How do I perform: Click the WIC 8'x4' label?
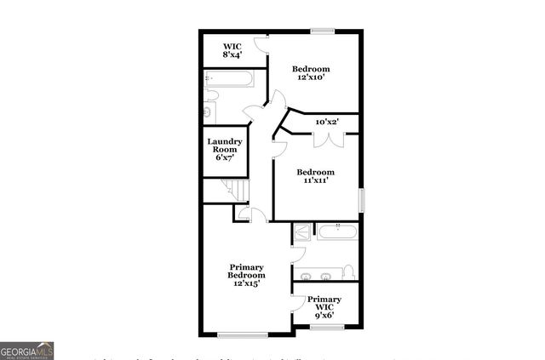[x=232, y=50]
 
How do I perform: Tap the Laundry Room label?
[x=224, y=150]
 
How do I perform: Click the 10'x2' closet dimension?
[x=327, y=122]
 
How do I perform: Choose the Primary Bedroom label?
[x=246, y=275]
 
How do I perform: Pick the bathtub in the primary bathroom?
[x=338, y=231]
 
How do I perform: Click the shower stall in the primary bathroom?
[x=302, y=232]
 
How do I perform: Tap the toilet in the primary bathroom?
[x=348, y=272]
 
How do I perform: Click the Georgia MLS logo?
[x=27, y=350]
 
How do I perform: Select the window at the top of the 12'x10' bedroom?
[x=323, y=31]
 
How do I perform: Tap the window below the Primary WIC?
[x=326, y=327]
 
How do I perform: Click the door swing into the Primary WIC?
[x=297, y=303]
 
